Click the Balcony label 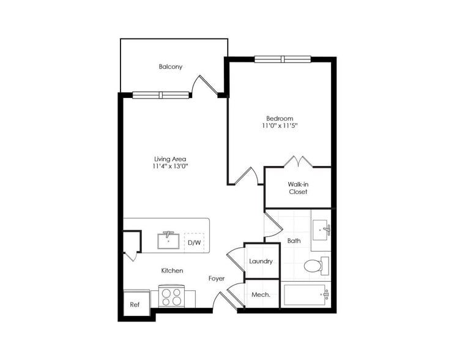[171, 67]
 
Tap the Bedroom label [279, 118]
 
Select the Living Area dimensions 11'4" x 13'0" [170, 167]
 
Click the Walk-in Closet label [297, 187]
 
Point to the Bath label [294, 241]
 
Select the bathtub [307, 295]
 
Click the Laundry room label [261, 261]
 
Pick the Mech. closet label [261, 295]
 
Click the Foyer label [217, 278]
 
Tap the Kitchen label [172, 270]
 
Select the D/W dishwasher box [195, 242]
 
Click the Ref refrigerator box [135, 304]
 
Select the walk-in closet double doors [297, 162]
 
